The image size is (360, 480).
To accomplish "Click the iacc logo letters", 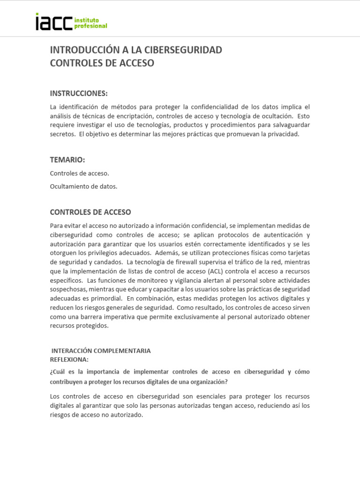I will click(53, 22).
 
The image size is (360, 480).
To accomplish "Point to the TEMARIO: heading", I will click(67, 160).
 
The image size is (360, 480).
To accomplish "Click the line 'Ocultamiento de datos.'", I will click(83, 186).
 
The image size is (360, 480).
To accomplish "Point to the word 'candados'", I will click(108, 262).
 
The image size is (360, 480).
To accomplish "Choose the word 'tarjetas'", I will click(297, 253).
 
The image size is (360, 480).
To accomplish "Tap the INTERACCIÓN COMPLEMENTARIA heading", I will click(101, 351).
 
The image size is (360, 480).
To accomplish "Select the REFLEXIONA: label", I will click(69, 359).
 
